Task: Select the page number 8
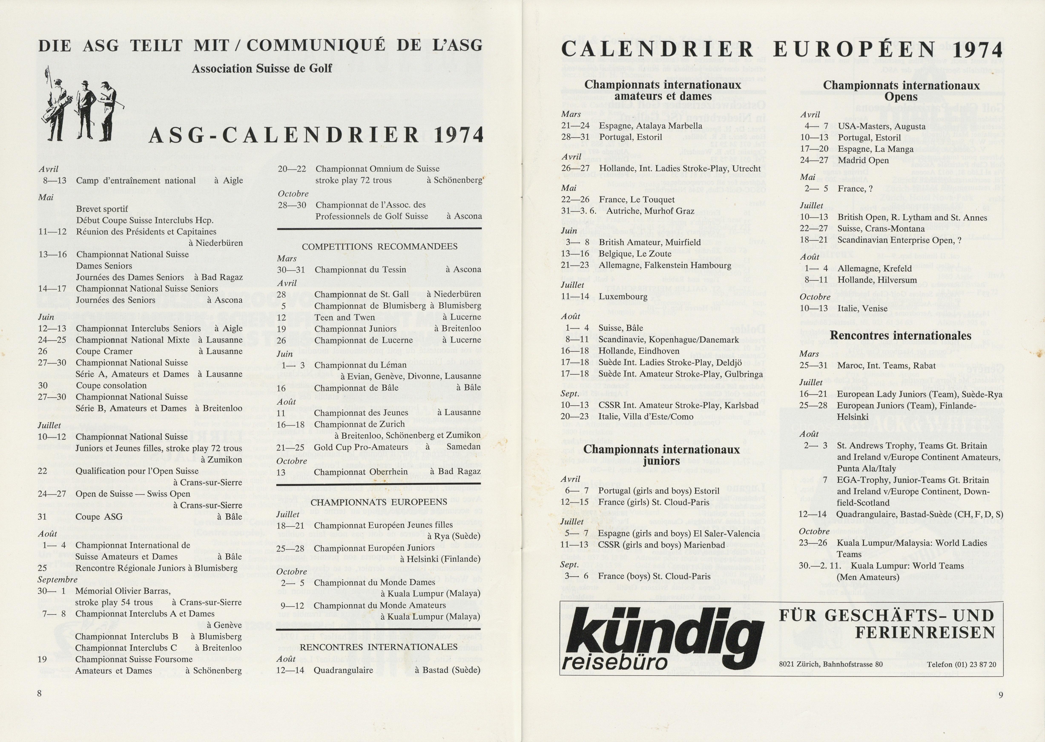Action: [x=39, y=693]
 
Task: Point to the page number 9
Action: [x=1001, y=695]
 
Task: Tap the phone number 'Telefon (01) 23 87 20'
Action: [x=961, y=664]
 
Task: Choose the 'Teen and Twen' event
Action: [x=345, y=317]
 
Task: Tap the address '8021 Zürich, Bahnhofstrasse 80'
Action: [x=831, y=664]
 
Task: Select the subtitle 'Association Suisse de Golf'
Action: [x=262, y=69]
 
